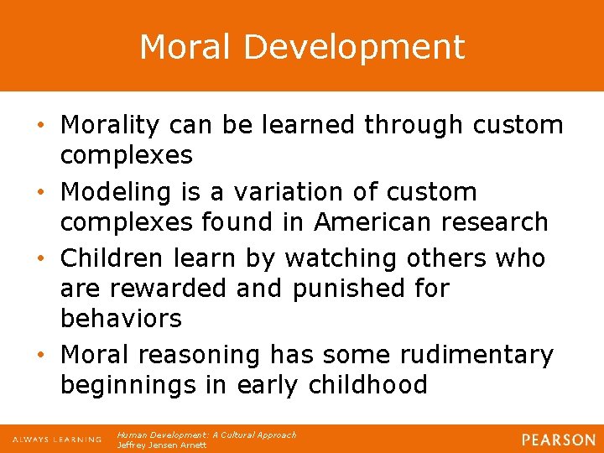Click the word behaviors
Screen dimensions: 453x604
click(x=121, y=319)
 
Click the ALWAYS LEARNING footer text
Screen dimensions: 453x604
click(x=57, y=440)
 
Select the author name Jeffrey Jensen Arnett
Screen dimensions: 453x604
click(x=161, y=445)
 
